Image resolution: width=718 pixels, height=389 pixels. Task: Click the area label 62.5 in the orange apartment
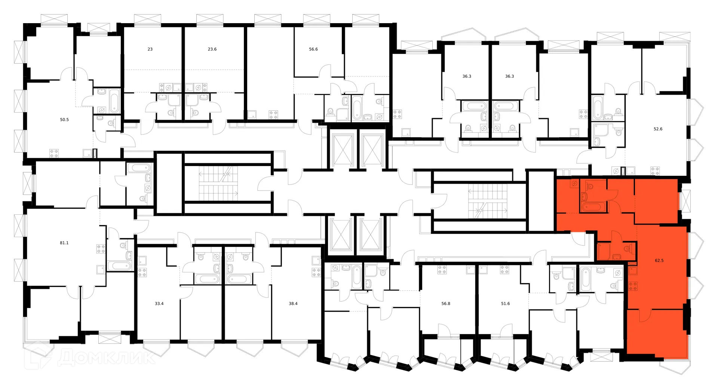pyautogui.click(x=659, y=261)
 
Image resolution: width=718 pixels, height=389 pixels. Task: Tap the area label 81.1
pyautogui.click(x=64, y=243)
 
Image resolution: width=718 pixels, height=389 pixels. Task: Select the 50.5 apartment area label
pyautogui.click(x=64, y=120)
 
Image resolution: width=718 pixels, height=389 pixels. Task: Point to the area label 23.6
pyautogui.click(x=212, y=49)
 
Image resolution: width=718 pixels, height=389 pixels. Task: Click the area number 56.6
pyautogui.click(x=313, y=49)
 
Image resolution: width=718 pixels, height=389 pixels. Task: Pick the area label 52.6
pyautogui.click(x=658, y=129)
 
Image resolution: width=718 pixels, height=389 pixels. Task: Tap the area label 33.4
pyautogui.click(x=159, y=304)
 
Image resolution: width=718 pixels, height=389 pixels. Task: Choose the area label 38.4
pyautogui.click(x=293, y=304)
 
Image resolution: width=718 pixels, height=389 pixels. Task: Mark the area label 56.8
pyautogui.click(x=446, y=304)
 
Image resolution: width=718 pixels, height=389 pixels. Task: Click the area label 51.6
pyautogui.click(x=505, y=304)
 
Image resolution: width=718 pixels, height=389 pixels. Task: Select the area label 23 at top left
pyautogui.click(x=150, y=49)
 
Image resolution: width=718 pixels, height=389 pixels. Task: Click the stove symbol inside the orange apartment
pyautogui.click(x=633, y=287)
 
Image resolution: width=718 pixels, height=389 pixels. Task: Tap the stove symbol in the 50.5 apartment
pyautogui.click(x=54, y=153)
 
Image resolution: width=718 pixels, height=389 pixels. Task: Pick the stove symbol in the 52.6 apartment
pyautogui.click(x=655, y=171)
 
